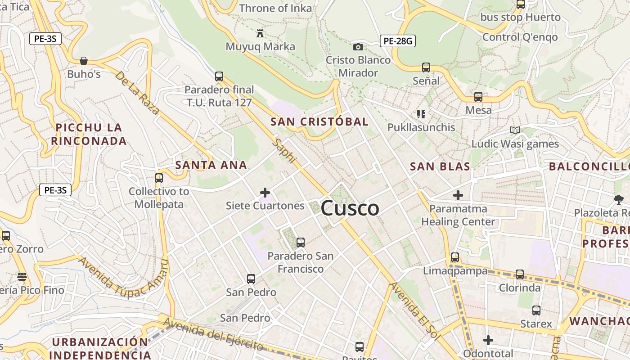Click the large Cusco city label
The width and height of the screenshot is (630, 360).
350,208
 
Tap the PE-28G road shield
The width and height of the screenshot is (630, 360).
397,41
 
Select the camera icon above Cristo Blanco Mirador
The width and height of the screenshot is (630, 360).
358,47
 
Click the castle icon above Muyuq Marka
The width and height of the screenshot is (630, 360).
260,33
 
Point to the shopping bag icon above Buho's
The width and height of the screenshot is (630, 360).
84,61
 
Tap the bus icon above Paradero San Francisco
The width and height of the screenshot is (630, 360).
301,243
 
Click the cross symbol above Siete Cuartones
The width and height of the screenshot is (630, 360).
265,193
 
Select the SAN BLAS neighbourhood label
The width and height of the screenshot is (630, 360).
440,166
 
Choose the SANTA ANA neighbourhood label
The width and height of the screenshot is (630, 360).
211,165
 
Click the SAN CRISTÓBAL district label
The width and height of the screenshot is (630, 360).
319,121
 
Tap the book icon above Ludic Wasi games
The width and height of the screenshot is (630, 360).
515,130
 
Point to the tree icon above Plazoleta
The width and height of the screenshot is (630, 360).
619,199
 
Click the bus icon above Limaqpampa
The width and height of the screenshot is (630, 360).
455,257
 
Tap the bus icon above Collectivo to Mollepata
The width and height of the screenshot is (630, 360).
159,178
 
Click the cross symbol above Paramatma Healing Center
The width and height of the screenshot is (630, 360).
458,195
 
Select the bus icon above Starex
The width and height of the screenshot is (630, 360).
536,310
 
